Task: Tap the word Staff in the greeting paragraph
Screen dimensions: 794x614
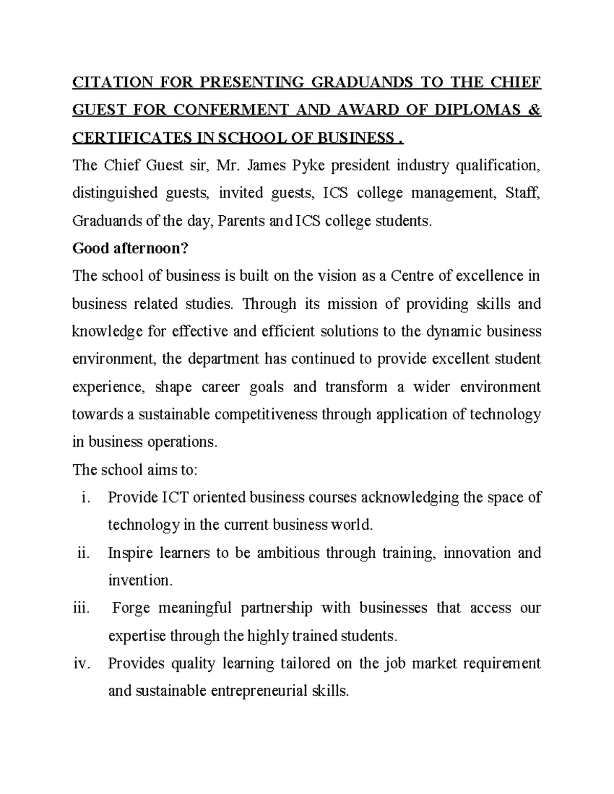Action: pyautogui.click(x=522, y=193)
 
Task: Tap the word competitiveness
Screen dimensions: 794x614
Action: pyautogui.click(x=266, y=414)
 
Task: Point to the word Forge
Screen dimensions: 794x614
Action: pyautogui.click(x=131, y=608)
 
